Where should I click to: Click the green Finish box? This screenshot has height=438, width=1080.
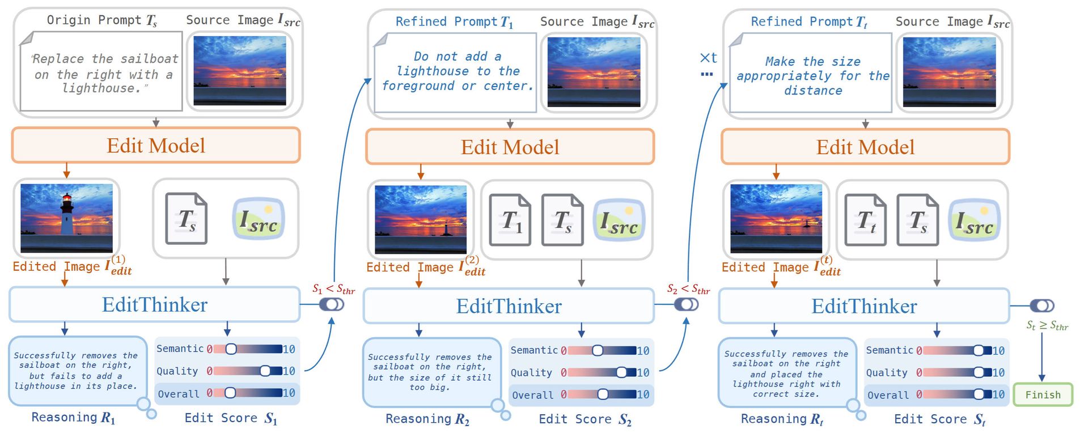click(x=1042, y=395)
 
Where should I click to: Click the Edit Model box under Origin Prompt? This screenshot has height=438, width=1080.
click(x=156, y=146)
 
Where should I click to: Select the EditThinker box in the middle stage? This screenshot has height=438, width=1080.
click(x=509, y=307)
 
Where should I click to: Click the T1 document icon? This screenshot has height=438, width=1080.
click(x=510, y=220)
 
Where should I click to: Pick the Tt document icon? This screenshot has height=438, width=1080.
click(x=865, y=220)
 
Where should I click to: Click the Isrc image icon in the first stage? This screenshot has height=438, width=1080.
click(x=259, y=219)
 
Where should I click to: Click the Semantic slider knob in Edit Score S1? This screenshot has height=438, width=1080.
click(x=231, y=349)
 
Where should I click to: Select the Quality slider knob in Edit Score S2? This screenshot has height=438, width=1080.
click(x=621, y=372)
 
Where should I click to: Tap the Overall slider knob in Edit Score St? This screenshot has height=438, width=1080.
click(x=979, y=394)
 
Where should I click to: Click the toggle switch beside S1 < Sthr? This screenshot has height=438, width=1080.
click(x=332, y=304)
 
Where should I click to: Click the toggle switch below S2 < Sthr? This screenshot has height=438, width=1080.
click(x=686, y=305)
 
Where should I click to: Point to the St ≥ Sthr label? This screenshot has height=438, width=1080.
click(x=1047, y=326)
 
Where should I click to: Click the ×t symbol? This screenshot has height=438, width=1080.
click(x=708, y=58)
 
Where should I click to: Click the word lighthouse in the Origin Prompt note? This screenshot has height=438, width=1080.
click(x=100, y=88)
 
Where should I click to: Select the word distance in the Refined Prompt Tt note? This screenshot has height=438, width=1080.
click(x=812, y=91)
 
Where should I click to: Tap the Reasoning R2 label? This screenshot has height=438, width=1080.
click(x=427, y=419)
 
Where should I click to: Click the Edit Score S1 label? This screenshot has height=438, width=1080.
click(x=231, y=418)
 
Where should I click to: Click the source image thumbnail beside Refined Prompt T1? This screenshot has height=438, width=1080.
click(x=594, y=72)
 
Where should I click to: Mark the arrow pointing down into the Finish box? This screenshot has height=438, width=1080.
click(x=1041, y=363)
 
